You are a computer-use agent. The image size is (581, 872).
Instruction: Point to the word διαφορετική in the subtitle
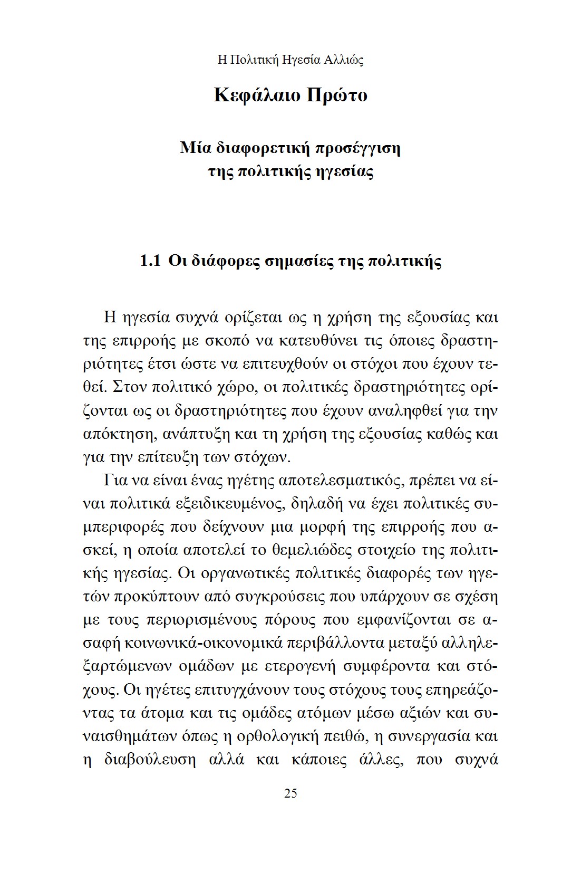262,148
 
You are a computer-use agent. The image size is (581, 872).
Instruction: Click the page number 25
290,793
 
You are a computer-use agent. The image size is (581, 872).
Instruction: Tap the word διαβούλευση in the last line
150,760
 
